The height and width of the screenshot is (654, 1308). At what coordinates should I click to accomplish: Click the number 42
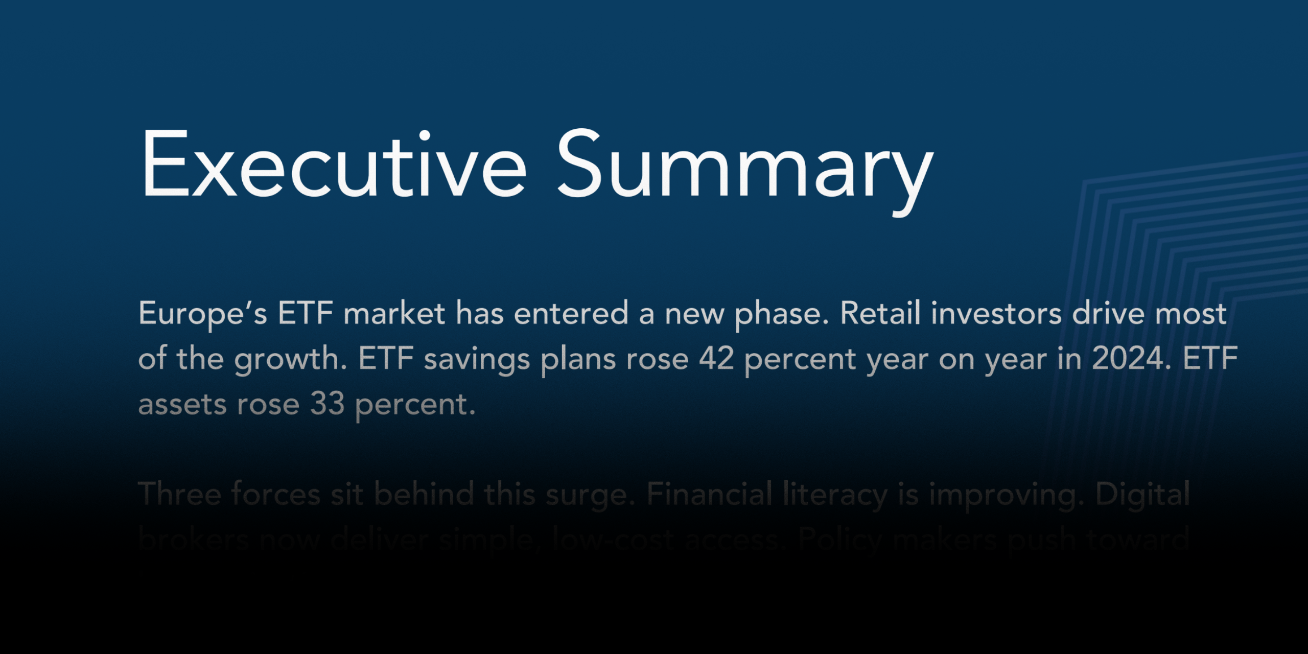(716, 359)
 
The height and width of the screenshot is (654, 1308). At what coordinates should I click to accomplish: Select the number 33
(328, 404)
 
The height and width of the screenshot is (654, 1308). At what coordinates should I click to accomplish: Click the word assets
(182, 405)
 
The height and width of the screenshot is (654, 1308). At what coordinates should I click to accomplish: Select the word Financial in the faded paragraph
(709, 495)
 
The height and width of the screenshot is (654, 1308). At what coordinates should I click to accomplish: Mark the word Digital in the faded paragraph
(1142, 495)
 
